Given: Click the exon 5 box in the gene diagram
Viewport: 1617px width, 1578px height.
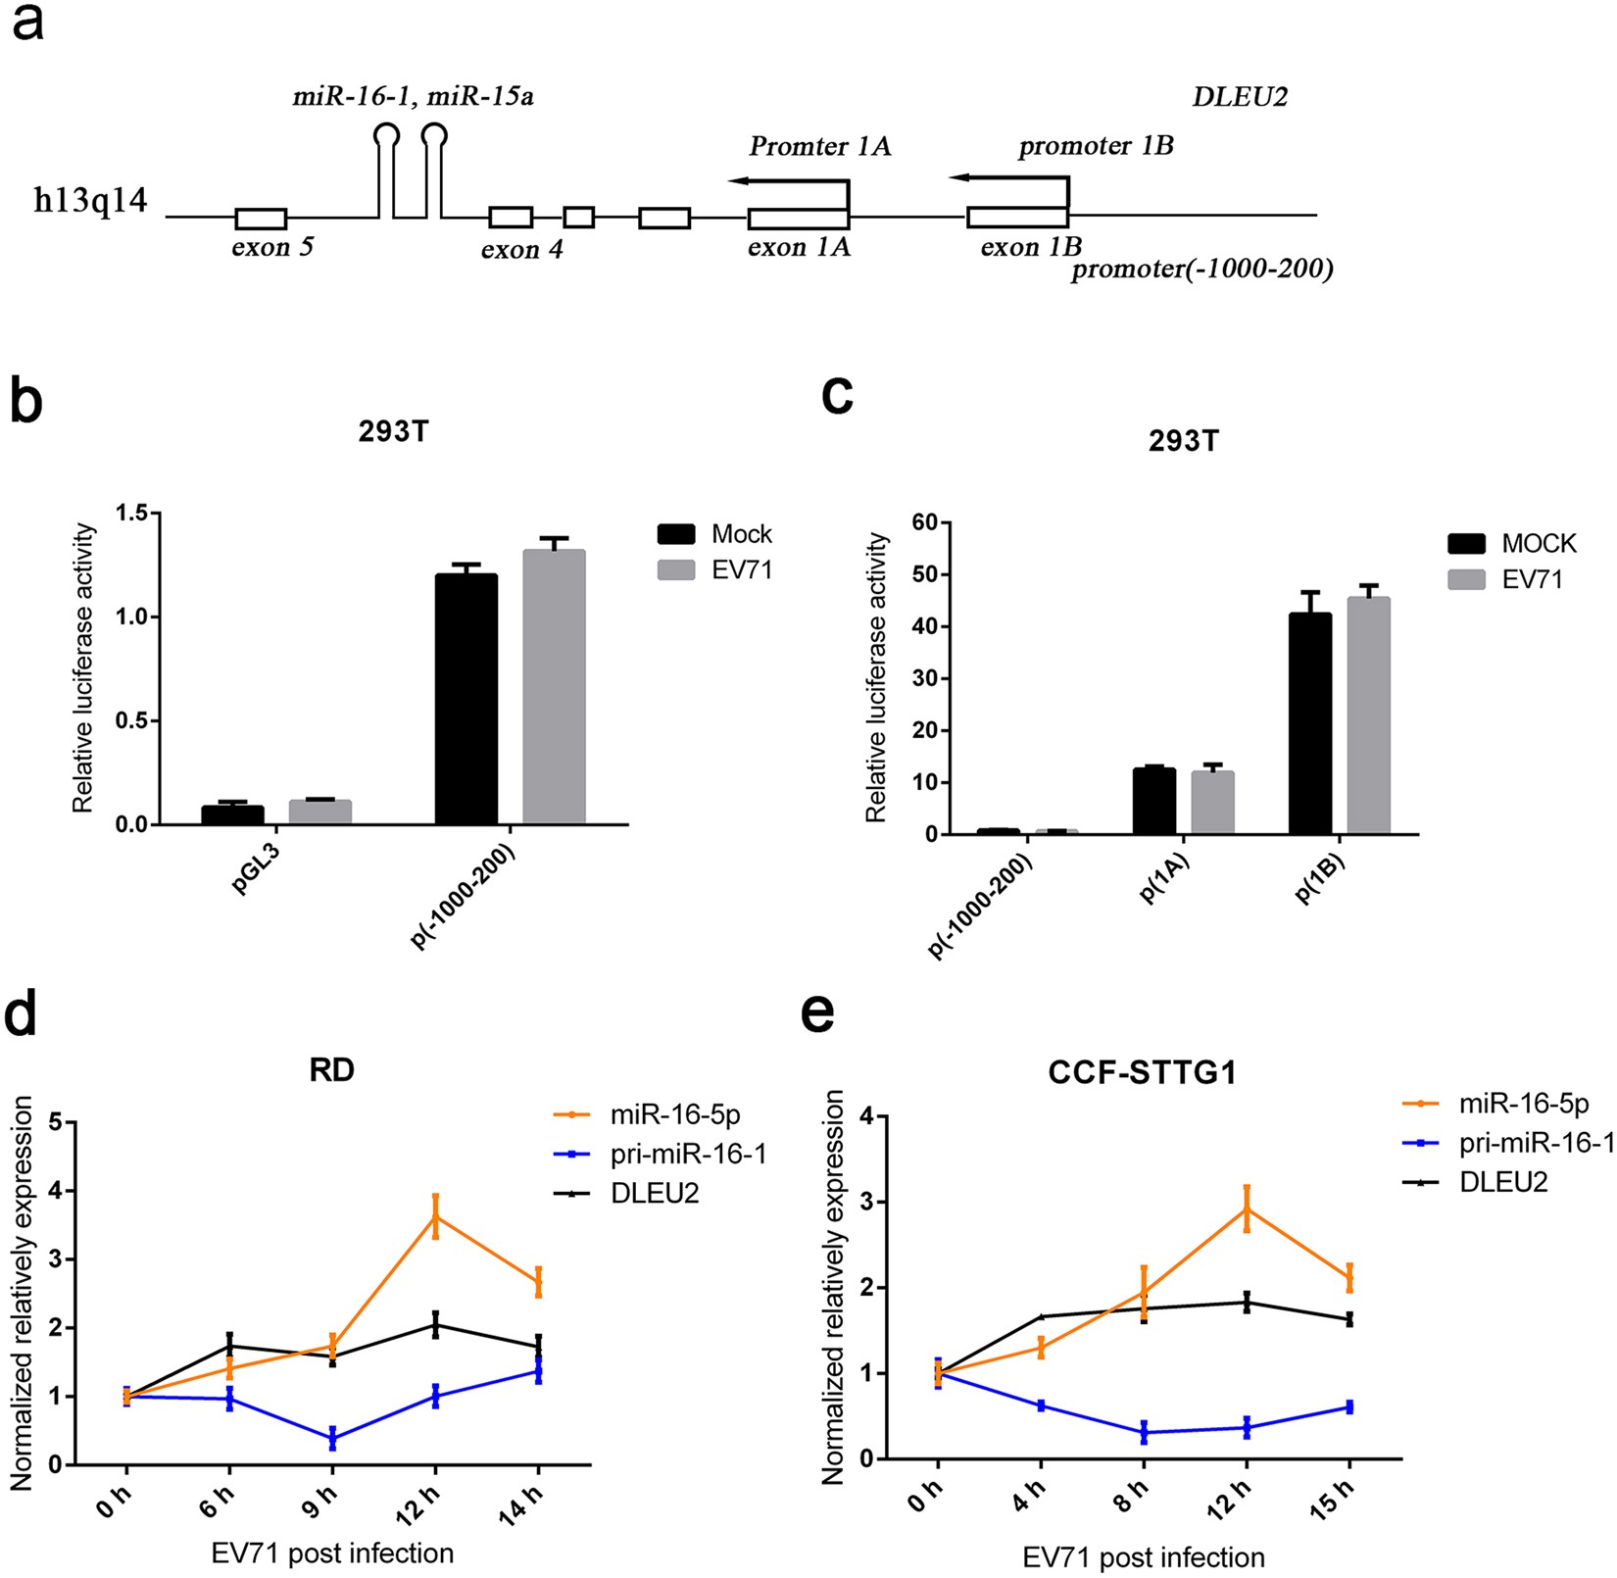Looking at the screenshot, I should click(261, 219).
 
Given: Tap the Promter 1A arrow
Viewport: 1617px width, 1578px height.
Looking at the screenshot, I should click(788, 181).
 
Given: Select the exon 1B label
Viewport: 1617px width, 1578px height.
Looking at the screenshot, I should click(1031, 248).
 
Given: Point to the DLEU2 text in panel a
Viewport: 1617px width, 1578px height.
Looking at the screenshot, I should click(1240, 97).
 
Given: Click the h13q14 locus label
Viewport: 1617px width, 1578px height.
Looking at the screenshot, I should click(90, 201).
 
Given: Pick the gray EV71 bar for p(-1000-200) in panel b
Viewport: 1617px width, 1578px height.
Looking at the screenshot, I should click(554, 686).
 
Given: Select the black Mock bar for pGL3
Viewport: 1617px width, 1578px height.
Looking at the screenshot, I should click(232, 814).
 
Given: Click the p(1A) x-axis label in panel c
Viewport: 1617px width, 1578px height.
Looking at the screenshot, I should click(1165, 878).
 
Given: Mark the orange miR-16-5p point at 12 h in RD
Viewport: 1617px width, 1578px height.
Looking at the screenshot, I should click(435, 1216).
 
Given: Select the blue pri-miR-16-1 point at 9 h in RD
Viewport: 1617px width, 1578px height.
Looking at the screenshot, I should click(332, 1438).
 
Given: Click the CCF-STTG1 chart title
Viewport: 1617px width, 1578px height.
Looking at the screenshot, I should click(1142, 1073).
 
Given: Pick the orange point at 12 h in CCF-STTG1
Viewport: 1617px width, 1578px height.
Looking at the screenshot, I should click(1247, 1208).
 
